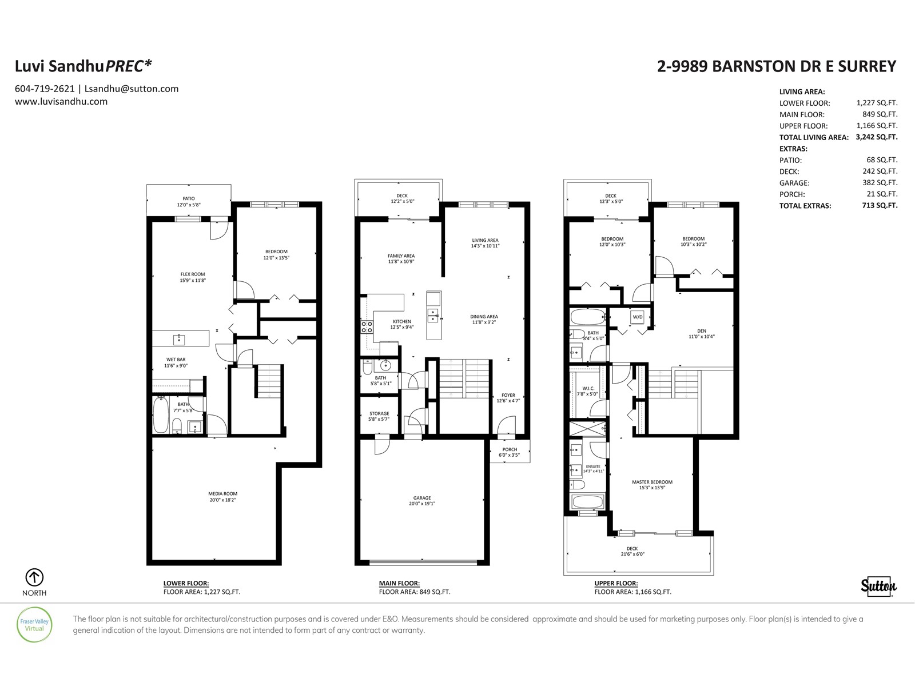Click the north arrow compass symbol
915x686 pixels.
[x=34, y=577]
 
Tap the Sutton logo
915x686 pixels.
[x=879, y=586]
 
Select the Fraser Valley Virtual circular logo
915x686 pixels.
[x=34, y=625]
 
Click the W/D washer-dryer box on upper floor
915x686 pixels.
[x=638, y=317]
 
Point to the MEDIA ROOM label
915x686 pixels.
[x=222, y=493]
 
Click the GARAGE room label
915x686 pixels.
[x=422, y=498]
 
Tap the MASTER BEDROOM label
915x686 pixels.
[x=652, y=482]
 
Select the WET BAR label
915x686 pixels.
[x=176, y=360]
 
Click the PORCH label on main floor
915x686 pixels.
[x=510, y=449]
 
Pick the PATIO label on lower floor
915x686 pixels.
[x=188, y=199]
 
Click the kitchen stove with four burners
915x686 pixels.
[x=367, y=327]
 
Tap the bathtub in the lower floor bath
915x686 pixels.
[x=161, y=415]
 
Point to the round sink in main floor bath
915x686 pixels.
[x=385, y=366]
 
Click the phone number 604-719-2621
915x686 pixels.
[x=45, y=89]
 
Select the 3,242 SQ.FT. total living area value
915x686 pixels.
[x=877, y=137]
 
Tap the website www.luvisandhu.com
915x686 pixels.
[x=61, y=102]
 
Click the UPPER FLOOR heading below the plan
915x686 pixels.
[x=616, y=584]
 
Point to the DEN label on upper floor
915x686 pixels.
[x=702, y=331]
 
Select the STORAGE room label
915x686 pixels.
[x=379, y=413]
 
